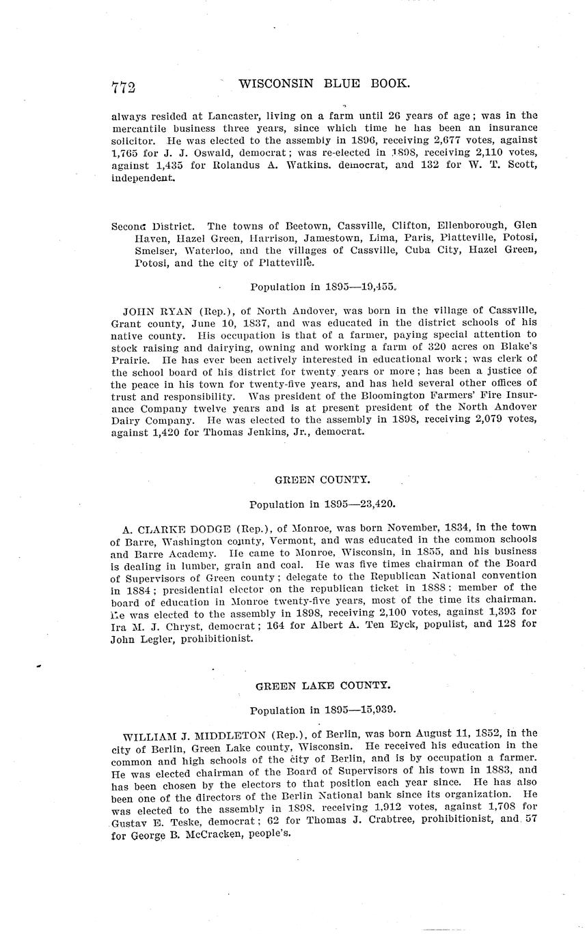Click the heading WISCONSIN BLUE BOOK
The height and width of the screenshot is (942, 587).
tap(325, 84)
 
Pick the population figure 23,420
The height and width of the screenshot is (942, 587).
tap(374, 504)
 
